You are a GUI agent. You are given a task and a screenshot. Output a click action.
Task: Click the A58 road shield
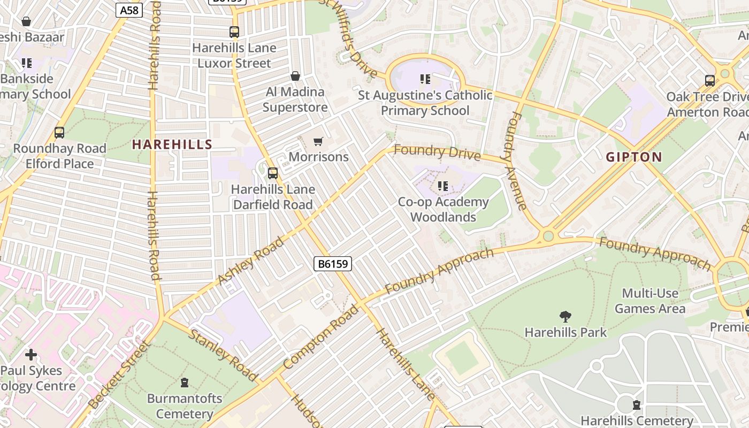click(x=129, y=10)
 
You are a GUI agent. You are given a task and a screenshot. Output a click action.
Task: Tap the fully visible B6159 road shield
click(x=332, y=263)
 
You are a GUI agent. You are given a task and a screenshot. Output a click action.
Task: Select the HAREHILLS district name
click(x=172, y=144)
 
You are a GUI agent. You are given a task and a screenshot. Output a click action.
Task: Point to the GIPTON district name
click(x=634, y=157)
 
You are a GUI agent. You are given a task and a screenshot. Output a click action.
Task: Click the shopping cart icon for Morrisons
click(x=318, y=141)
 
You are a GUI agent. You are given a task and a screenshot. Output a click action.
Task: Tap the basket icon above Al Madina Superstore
click(x=295, y=76)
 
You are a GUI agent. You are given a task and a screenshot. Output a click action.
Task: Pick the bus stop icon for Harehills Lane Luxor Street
click(x=234, y=32)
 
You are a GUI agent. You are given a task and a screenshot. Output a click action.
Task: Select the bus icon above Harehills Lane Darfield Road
click(x=273, y=173)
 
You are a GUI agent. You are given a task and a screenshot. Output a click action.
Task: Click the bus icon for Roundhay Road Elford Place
click(x=59, y=133)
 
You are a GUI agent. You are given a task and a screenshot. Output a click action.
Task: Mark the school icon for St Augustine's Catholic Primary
click(x=425, y=80)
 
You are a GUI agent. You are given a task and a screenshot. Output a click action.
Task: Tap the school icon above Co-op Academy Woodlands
click(x=443, y=186)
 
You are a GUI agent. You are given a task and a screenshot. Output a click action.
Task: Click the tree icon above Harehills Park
click(x=565, y=317)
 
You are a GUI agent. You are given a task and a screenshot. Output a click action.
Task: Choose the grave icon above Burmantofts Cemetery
click(x=185, y=383)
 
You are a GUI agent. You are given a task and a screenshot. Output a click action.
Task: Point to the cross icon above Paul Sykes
click(x=31, y=355)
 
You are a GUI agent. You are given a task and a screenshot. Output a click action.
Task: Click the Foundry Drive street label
click(x=437, y=152)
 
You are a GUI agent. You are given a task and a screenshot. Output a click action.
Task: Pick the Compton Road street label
click(x=321, y=337)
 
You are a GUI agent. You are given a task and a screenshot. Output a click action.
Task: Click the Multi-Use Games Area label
click(x=649, y=301)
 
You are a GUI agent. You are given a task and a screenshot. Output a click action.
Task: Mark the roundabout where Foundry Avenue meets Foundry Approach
click(x=547, y=236)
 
